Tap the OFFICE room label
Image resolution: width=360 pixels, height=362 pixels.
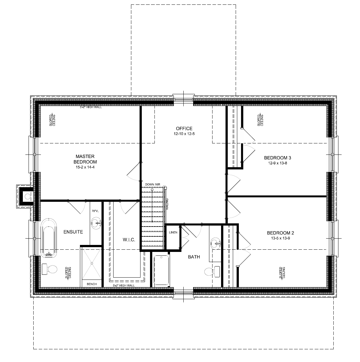point(184,128)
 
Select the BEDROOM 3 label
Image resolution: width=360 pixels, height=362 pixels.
point(278,158)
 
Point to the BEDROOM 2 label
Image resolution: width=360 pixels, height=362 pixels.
point(280,232)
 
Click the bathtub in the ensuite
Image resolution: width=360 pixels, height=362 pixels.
point(49,237)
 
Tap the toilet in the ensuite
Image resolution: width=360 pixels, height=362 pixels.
point(49,269)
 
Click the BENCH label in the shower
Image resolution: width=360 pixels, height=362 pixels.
point(92,284)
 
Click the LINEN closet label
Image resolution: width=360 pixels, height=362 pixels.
point(173,232)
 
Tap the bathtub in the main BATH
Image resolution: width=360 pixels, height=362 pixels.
point(162,270)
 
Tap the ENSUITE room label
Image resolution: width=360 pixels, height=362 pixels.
point(73,232)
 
